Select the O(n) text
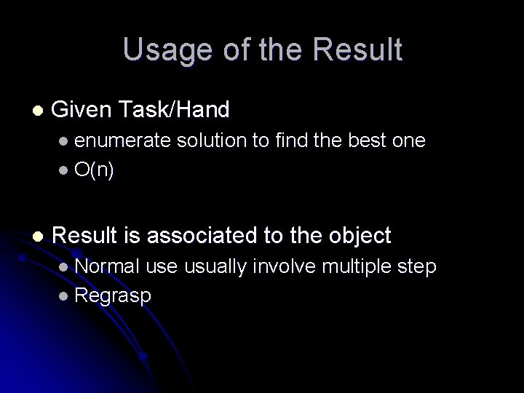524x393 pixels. [x=94, y=170]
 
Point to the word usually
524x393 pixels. [x=215, y=267]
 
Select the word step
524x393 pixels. [x=416, y=267]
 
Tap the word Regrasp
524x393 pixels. [x=113, y=295]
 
